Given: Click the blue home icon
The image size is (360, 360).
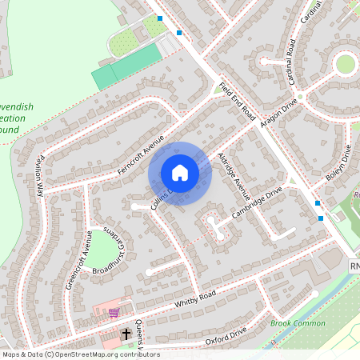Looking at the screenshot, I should [180, 173].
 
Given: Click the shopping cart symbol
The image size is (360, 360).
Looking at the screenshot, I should [114, 313].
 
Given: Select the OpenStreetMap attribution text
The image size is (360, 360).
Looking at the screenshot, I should [80, 354].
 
